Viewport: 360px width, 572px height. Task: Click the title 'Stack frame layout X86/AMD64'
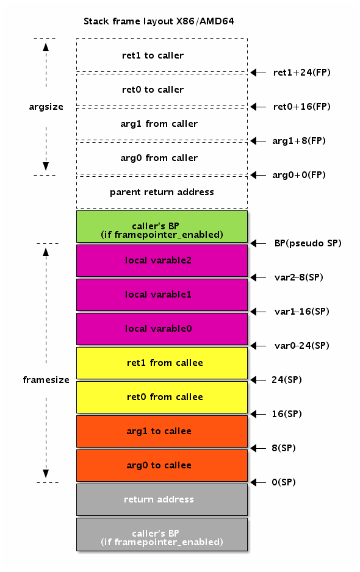[159, 21]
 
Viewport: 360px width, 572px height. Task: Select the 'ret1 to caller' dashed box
[162, 55]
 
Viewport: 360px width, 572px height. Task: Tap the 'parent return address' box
[162, 192]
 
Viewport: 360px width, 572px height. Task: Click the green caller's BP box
[162, 226]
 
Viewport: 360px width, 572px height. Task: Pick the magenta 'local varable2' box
[162, 260]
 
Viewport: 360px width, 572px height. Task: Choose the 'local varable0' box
[162, 329]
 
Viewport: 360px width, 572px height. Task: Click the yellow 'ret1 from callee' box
[162, 363]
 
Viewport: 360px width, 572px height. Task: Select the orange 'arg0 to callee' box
[162, 465]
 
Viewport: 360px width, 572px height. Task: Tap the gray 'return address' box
[162, 499]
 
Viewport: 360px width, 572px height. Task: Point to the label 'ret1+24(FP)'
[302, 73]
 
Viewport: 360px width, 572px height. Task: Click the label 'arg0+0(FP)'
[299, 175]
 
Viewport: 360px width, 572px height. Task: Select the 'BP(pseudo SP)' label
[308, 243]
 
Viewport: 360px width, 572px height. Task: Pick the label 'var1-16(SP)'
[302, 312]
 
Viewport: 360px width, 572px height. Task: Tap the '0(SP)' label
[284, 482]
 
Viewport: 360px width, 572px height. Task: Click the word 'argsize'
[46, 107]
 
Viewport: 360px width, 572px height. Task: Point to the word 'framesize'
[46, 380]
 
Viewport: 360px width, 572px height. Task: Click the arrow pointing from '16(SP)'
[259, 414]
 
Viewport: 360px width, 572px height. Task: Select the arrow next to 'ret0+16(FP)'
[259, 107]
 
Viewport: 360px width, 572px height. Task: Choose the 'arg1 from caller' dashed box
[162, 124]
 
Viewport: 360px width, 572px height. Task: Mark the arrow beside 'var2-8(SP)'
[259, 277]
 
